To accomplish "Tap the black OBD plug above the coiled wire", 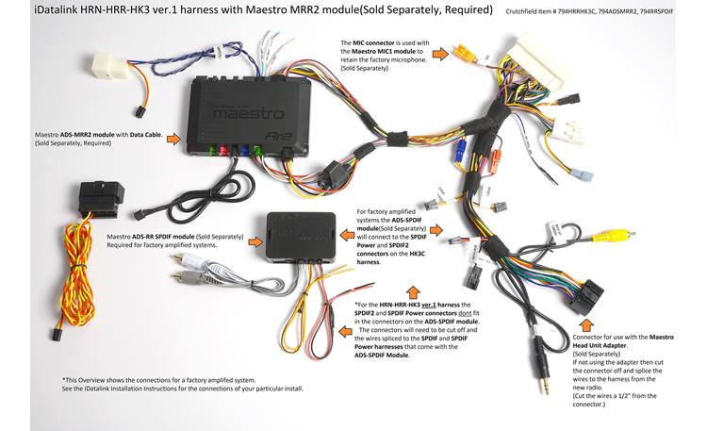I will [x=97, y=194].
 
